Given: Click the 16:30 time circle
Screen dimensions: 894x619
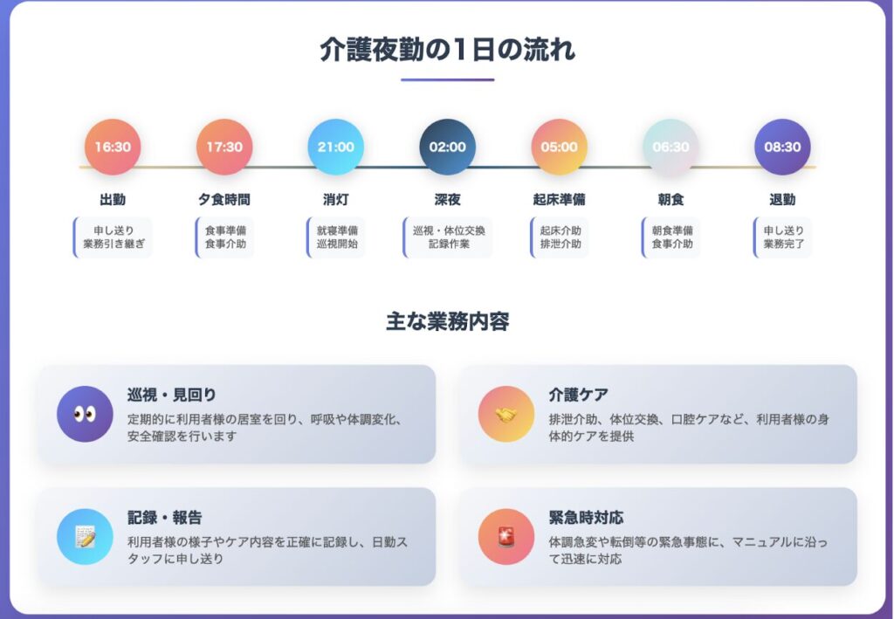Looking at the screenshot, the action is [113, 147].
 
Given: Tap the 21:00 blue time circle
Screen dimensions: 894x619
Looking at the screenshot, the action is [336, 147].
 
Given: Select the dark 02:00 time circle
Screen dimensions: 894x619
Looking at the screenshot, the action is [448, 147].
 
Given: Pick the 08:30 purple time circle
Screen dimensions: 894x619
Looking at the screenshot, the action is [782, 147].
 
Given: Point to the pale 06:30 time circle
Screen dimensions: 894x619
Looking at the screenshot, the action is [670, 147].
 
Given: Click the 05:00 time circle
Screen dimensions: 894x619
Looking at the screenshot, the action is [560, 147].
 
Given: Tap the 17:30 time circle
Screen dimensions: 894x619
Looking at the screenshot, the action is [224, 147].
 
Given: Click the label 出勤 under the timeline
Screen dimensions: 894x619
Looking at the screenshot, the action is [113, 199].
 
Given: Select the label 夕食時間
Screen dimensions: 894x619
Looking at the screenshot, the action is [224, 199].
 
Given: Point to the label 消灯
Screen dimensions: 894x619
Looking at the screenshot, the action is [336, 199].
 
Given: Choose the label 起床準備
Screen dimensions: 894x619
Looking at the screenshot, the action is [560, 199].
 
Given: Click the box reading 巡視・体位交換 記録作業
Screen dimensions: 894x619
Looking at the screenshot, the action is [448, 237].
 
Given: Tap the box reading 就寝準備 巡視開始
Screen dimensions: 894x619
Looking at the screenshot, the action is [336, 237].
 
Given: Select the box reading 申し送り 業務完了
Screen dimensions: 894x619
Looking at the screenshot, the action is [782, 237].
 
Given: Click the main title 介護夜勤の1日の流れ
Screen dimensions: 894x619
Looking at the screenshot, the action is [448, 50].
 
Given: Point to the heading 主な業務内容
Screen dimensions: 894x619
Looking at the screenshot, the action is [448, 321].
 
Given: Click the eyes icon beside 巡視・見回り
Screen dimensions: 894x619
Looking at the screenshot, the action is [85, 414].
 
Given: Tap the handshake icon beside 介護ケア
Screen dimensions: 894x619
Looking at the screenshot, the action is [506, 414].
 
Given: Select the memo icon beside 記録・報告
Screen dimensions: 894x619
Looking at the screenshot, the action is [85, 537].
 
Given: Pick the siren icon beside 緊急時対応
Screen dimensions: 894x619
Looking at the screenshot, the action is [506, 537].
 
